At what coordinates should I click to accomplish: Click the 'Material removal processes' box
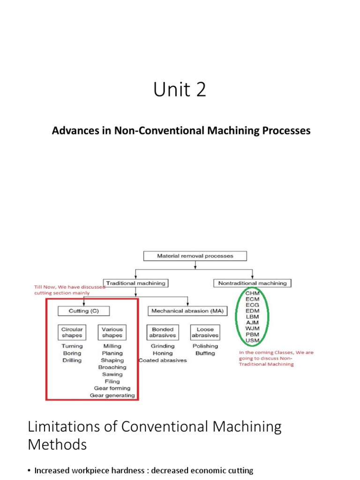click(x=195, y=256)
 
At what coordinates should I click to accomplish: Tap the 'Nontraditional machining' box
click(x=252, y=283)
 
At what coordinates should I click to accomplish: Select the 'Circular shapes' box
click(x=72, y=332)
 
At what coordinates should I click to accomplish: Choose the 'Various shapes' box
click(x=112, y=332)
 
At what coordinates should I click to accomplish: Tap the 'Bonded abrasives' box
click(x=162, y=332)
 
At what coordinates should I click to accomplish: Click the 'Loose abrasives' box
click(x=205, y=332)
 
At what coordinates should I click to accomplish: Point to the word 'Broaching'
click(x=112, y=367)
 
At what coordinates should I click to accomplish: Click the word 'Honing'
click(x=162, y=353)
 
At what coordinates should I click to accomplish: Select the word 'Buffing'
click(x=205, y=353)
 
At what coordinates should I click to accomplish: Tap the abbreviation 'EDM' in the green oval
click(x=253, y=309)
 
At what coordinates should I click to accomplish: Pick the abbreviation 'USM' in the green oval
click(x=253, y=340)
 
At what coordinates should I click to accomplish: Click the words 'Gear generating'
click(x=112, y=395)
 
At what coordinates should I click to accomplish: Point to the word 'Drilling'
click(x=72, y=360)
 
